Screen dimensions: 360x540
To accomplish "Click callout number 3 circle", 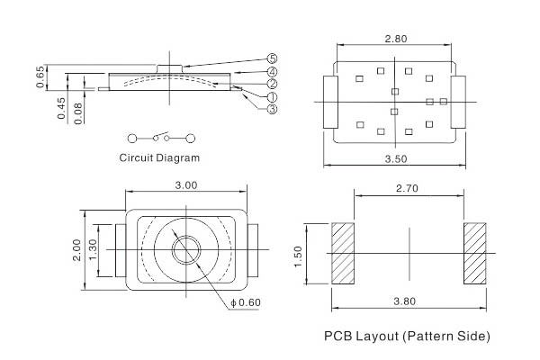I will (x=272, y=108).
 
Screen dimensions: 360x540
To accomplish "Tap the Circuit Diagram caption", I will (x=160, y=157).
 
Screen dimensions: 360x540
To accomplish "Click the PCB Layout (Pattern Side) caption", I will (x=407, y=337).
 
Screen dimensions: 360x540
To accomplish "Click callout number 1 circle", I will (x=272, y=95).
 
